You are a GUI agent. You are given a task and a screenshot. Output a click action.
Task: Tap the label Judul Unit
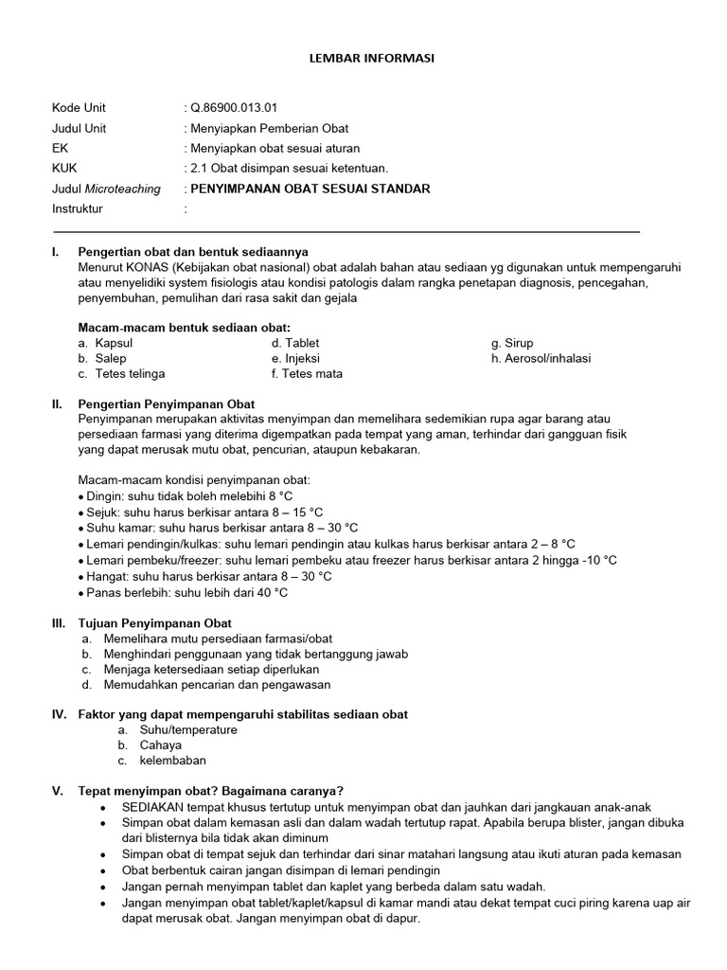[x=80, y=128]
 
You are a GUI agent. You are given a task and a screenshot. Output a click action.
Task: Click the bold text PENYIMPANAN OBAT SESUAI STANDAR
[x=310, y=189]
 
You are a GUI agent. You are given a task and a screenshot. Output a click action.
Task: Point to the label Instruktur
[x=78, y=208]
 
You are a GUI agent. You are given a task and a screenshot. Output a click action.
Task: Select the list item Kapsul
[x=115, y=343]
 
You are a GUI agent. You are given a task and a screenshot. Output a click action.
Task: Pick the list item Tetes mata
[x=311, y=373]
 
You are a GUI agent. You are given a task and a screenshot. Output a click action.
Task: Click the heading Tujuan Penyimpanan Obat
[x=154, y=623]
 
